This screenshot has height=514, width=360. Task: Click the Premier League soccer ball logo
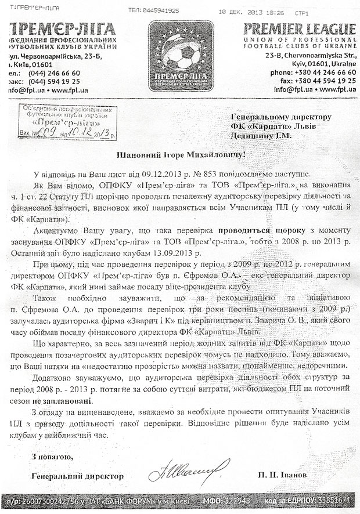click(x=180, y=52)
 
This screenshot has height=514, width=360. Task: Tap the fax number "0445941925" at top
click(x=160, y=10)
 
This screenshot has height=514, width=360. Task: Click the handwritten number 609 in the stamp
click(x=48, y=133)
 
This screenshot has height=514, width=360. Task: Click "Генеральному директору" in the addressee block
click(x=285, y=116)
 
